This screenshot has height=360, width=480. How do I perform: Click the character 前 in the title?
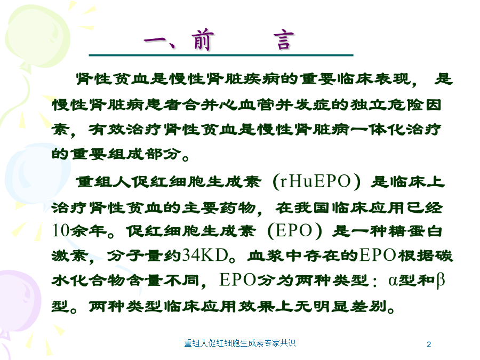tap(202, 40)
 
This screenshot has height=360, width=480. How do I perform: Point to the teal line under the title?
tap(221, 55)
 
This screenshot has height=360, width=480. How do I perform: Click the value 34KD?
tap(205, 255)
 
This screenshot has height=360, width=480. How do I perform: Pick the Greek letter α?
tap(393, 281)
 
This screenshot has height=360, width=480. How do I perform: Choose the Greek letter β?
tap(440, 281)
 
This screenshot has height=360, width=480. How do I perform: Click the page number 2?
tap(429, 345)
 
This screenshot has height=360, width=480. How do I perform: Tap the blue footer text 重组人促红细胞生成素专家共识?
tap(239, 343)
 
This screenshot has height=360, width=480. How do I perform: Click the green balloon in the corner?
tap(37, 37)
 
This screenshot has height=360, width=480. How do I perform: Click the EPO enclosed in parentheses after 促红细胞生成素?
tap(294, 230)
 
